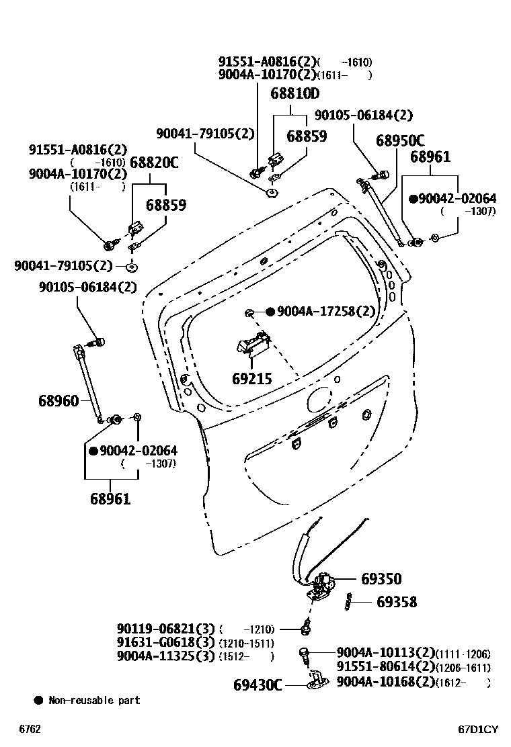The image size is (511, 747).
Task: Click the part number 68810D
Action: (x=294, y=93)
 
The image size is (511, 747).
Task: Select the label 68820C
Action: (x=154, y=162)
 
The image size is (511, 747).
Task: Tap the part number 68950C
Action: (x=400, y=141)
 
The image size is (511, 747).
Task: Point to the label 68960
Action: (x=58, y=401)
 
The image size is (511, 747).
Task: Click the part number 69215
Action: (x=252, y=379)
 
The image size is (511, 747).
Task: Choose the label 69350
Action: (x=381, y=579)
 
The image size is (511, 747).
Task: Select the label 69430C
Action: (x=258, y=685)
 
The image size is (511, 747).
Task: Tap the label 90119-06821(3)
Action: (x=165, y=629)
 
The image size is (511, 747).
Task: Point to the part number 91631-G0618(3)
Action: (x=165, y=642)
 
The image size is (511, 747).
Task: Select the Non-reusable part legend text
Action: (x=94, y=700)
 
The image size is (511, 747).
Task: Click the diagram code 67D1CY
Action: (x=478, y=729)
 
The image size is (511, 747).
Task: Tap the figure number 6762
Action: (x=30, y=729)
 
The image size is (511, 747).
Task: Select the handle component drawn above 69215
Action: (x=252, y=343)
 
